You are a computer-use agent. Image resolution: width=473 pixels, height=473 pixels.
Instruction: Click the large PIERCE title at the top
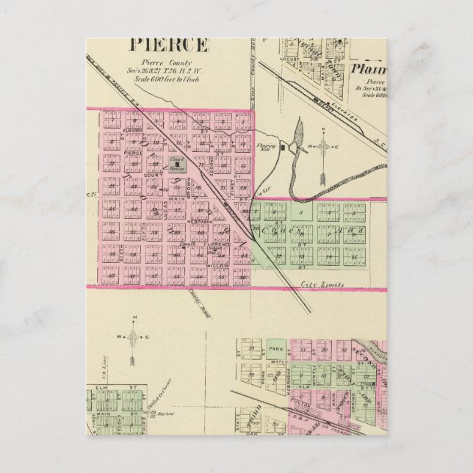click(169, 45)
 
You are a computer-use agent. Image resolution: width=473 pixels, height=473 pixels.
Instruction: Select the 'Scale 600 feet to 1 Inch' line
click(170, 79)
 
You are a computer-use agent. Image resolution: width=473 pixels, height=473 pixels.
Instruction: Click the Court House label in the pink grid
click(177, 162)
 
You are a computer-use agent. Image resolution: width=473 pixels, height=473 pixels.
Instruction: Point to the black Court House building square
click(177, 165)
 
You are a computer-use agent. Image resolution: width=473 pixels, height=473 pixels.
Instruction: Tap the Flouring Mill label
click(266, 146)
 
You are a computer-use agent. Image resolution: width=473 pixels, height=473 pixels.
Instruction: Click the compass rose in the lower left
click(134, 339)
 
